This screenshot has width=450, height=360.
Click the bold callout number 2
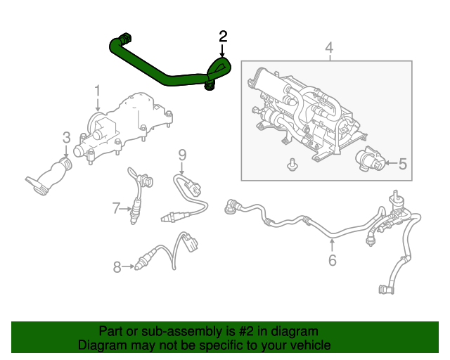click(223, 37)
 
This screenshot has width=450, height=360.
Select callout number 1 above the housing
click(98, 91)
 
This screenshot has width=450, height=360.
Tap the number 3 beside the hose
click(66, 138)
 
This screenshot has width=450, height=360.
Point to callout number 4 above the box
click(329, 47)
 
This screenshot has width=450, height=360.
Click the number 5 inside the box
click(403, 164)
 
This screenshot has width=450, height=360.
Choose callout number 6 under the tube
click(332, 260)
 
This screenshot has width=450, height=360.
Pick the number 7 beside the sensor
click(115, 208)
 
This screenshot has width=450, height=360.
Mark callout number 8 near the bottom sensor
click(117, 267)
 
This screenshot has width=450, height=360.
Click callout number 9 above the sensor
click(182, 155)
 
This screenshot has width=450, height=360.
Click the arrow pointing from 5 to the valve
click(391, 163)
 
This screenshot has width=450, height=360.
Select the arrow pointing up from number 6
click(332, 245)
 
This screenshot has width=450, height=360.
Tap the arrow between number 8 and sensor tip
click(128, 266)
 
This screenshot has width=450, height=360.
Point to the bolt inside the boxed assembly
click(292, 165)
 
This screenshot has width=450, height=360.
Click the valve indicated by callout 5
click(371, 159)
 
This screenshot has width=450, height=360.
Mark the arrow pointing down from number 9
click(182, 168)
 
